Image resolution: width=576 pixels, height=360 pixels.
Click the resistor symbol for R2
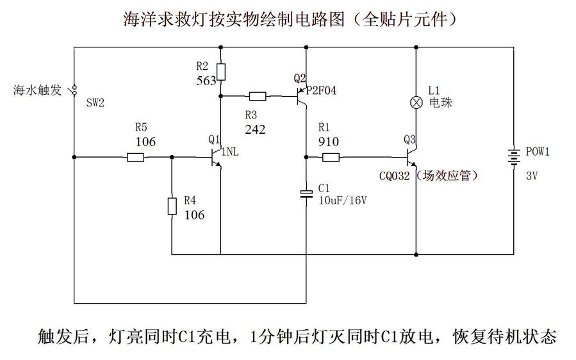click(220, 71)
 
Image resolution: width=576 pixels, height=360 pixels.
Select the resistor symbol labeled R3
click(257, 97)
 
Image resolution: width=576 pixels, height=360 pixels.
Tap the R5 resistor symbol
click(135, 157)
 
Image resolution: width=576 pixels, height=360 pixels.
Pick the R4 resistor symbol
click(172, 205)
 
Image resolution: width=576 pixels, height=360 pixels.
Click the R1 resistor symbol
click(330, 157)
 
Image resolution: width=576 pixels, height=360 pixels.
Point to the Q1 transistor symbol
click(215, 157)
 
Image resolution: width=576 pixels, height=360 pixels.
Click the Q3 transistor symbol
click(412, 157)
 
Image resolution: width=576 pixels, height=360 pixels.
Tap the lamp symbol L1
click(416, 102)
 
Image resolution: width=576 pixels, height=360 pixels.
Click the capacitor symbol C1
click(306, 193)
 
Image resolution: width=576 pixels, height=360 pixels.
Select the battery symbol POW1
click(514, 156)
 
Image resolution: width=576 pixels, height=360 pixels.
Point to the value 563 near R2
click(207, 81)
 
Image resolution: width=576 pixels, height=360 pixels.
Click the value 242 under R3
click(255, 129)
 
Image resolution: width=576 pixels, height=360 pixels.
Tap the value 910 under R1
click(328, 142)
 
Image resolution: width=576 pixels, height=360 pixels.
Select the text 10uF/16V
click(343, 200)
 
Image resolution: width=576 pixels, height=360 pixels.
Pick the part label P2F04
click(322, 90)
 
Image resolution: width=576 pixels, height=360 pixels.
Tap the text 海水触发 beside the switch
click(37, 90)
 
